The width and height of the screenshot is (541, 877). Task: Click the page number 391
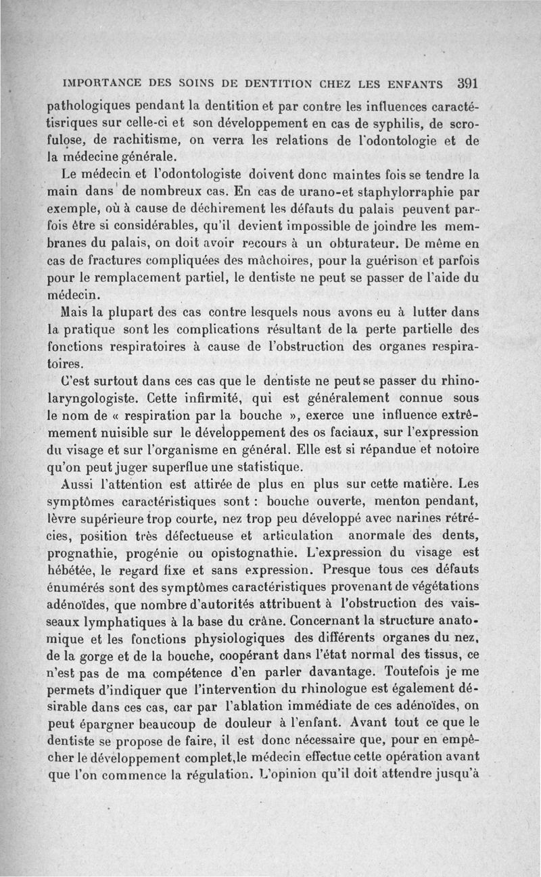click(467, 85)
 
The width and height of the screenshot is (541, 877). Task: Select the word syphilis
click(393, 123)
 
